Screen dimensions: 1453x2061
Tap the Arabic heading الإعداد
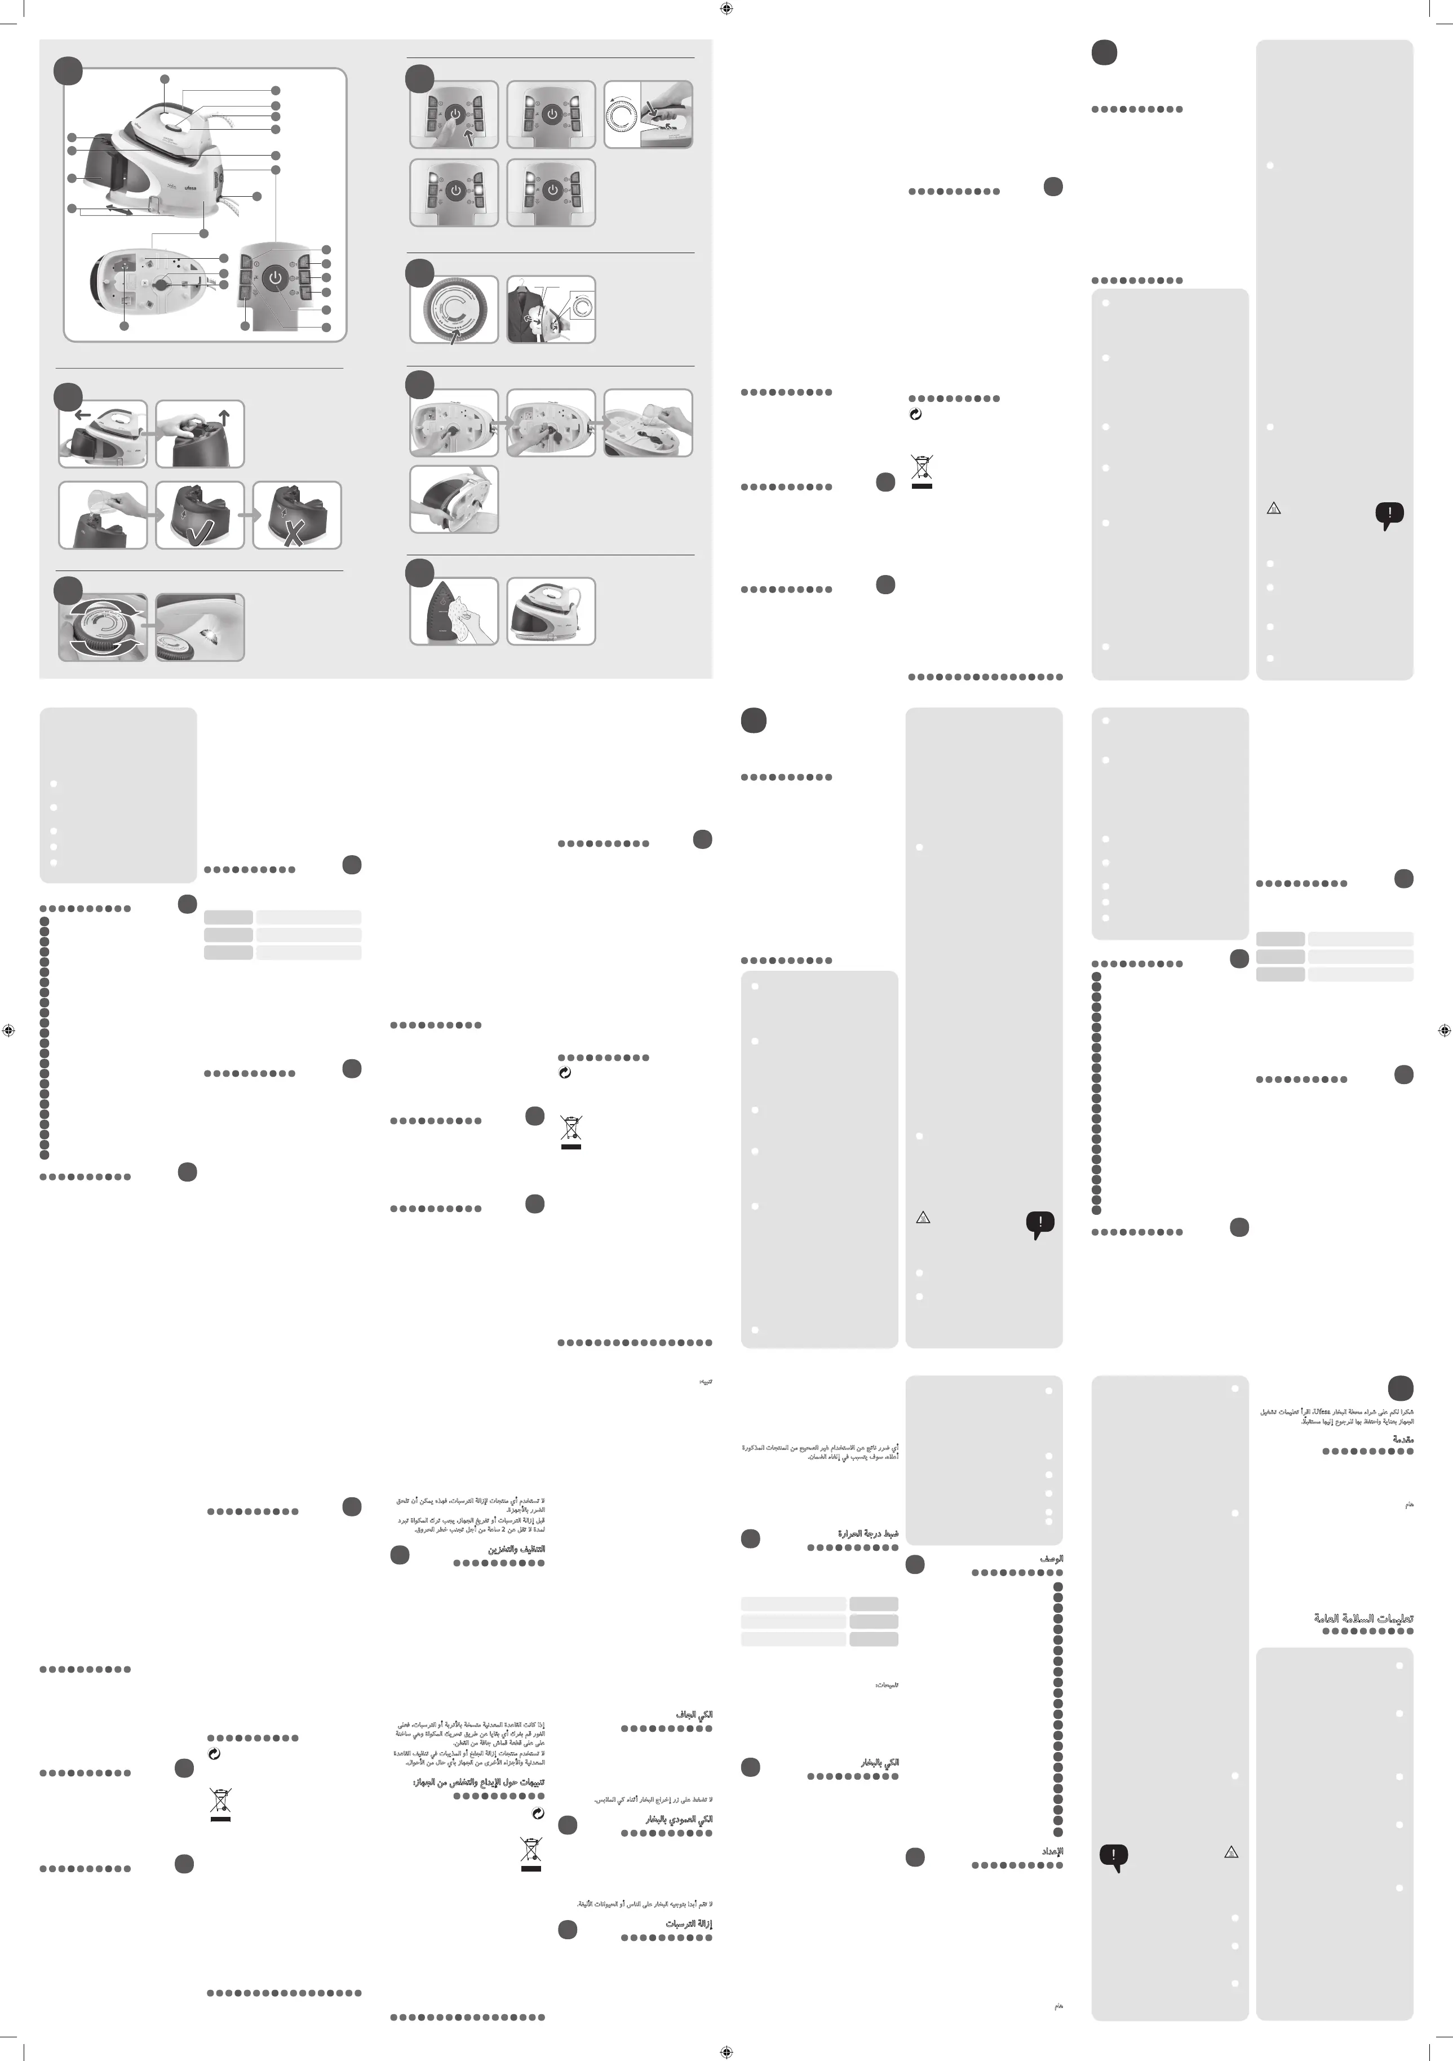tap(1052, 1851)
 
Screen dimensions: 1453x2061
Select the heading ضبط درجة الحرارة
tap(867, 1534)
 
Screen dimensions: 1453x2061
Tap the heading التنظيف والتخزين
tap(516, 1549)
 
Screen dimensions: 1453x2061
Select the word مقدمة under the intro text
tap(1403, 1440)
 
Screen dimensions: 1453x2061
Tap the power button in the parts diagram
tap(276, 278)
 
